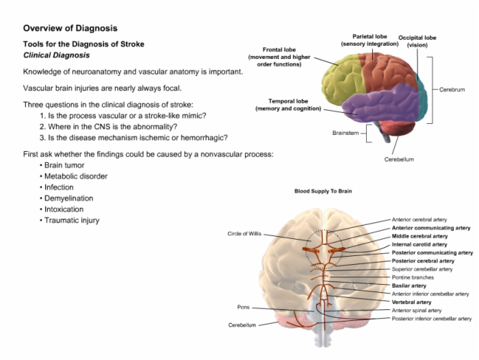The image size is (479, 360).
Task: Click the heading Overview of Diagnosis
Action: (70, 28)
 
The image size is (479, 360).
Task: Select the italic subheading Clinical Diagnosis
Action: (57, 55)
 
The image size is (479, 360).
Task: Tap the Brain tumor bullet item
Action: (62, 166)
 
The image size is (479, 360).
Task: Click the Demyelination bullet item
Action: (66, 198)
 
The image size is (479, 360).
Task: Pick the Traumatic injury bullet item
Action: (70, 220)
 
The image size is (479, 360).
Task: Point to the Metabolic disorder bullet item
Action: (74, 177)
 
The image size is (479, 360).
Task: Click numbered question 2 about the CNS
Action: (108, 127)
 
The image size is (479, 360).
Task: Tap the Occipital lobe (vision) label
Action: (417, 41)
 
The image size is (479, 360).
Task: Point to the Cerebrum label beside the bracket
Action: (452, 90)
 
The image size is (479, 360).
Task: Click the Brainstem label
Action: (346, 133)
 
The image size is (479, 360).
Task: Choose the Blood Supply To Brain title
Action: (323, 191)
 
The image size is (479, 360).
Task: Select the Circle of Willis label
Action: (244, 234)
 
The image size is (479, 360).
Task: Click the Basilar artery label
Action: (409, 285)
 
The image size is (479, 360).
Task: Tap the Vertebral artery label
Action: (411, 303)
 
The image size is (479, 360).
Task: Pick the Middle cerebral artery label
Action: (419, 236)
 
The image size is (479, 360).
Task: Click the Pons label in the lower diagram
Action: (244, 307)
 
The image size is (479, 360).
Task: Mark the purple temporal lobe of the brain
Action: (382, 103)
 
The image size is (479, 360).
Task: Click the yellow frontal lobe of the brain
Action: (342, 79)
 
